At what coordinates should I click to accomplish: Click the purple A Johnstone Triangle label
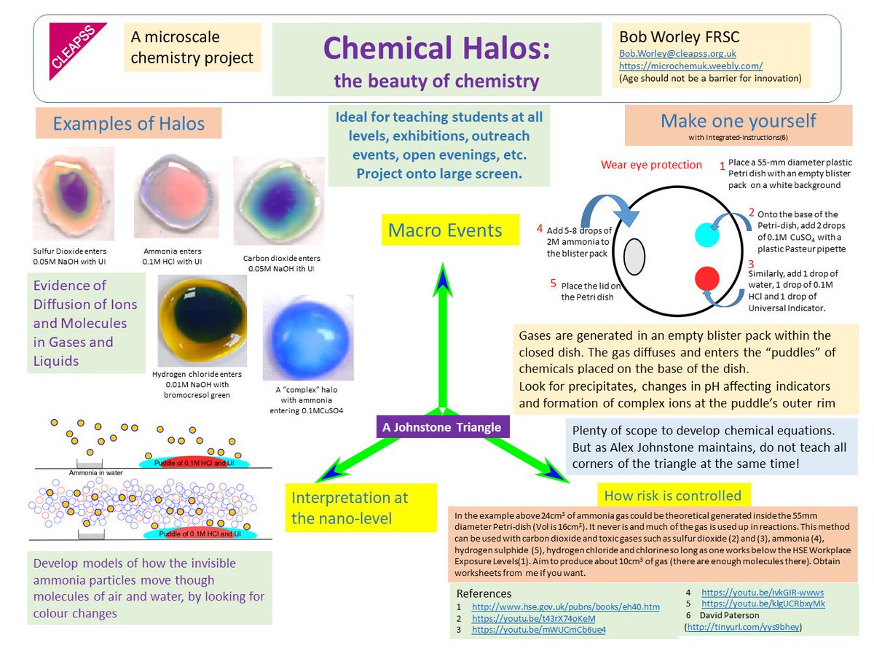click(442, 426)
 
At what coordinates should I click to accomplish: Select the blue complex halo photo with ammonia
click(309, 337)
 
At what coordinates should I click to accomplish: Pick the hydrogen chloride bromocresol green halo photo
click(202, 320)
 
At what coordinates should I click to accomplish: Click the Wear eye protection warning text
click(651, 165)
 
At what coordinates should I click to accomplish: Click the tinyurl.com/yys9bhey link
click(743, 626)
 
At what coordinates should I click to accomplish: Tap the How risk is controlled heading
click(672, 496)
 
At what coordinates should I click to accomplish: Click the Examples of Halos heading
click(128, 124)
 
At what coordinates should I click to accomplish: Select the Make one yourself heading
click(738, 121)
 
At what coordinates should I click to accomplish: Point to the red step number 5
click(553, 283)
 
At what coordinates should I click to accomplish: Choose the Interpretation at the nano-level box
click(361, 507)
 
